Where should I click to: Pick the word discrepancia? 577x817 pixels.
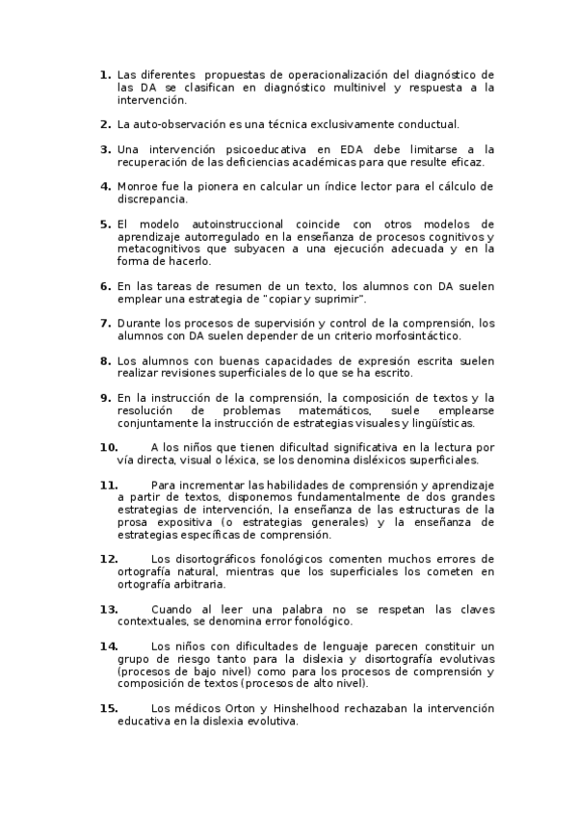click(x=152, y=198)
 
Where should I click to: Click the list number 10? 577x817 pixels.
click(x=108, y=447)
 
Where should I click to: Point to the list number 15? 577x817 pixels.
click(x=108, y=708)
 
